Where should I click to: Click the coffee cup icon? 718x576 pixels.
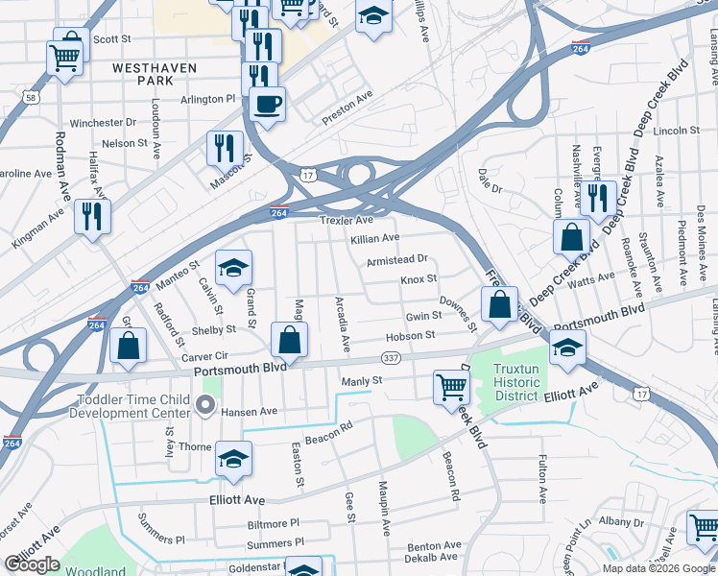267,103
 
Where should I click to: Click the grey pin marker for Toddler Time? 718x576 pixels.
203,406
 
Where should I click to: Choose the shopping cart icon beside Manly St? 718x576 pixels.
450,386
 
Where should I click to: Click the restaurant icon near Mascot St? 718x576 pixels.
225,147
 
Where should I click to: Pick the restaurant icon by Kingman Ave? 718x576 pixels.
93,215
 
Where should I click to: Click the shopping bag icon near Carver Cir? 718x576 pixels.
128,345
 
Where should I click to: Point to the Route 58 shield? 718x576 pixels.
32,97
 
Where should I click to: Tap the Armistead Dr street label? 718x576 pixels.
395,259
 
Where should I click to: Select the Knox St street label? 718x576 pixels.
419,278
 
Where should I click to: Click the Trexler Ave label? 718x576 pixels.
346,220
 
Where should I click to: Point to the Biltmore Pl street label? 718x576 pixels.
274,524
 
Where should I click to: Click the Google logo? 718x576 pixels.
32,564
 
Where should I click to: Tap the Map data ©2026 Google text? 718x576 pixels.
658,567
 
